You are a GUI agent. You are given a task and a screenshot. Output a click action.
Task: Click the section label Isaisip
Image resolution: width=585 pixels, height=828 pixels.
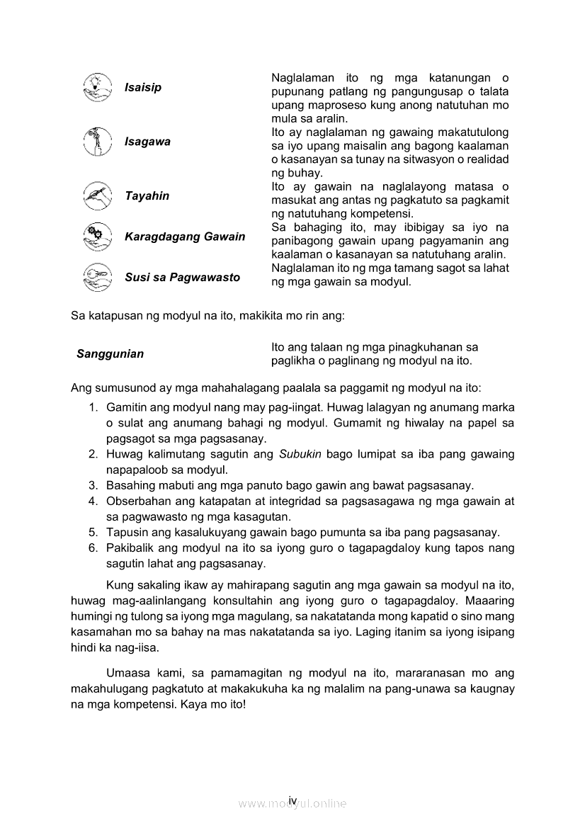click(143, 88)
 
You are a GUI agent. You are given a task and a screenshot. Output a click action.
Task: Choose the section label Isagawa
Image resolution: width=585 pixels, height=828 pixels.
click(147, 142)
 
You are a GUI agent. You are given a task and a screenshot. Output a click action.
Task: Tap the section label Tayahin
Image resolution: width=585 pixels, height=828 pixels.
click(147, 196)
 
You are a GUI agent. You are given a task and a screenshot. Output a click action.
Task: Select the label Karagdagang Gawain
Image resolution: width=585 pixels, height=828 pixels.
click(185, 237)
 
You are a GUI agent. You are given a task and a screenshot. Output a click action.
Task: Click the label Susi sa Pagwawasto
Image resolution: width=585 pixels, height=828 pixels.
click(182, 277)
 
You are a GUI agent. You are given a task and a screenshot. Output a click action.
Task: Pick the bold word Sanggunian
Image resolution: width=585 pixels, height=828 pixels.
click(110, 354)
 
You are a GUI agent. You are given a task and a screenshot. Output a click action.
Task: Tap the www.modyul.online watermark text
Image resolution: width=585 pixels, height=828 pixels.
click(292, 804)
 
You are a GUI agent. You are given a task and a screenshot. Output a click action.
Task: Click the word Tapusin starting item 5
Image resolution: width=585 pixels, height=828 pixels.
click(125, 533)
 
